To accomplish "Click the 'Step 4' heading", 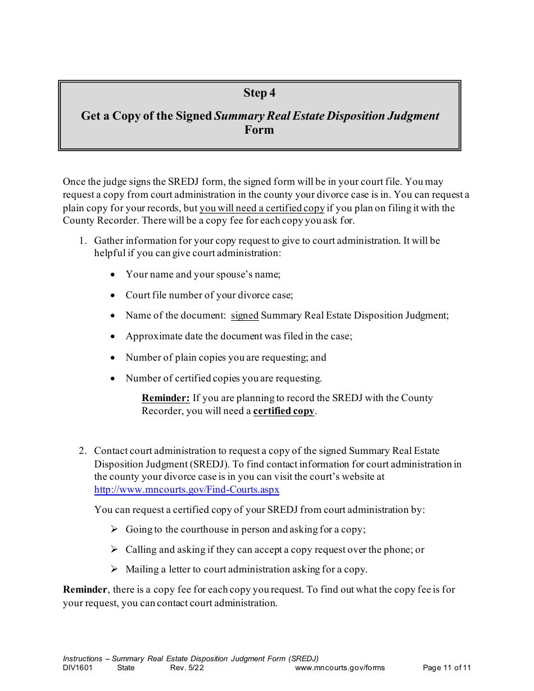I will [x=259, y=93].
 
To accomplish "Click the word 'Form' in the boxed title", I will [x=259, y=130].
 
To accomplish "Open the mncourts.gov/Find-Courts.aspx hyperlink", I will [x=187, y=489].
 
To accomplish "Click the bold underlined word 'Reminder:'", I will [x=165, y=398].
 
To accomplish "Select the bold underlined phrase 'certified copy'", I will [x=284, y=411].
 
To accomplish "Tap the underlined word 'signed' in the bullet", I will [x=245, y=316].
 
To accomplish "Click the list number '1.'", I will [x=83, y=240].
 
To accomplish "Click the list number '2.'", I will [x=83, y=451].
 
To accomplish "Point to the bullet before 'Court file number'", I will [x=114, y=296].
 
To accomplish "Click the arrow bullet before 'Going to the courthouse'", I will [x=114, y=529].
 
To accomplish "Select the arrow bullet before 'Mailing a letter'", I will [x=114, y=569].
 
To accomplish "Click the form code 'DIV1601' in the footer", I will [x=78, y=668].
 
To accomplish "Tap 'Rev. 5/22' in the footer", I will [x=187, y=668].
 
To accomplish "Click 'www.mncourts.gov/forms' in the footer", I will [x=340, y=668].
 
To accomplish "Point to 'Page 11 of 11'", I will [x=446, y=668].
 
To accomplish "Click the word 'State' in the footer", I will [x=126, y=668].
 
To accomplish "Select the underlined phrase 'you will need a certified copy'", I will [x=262, y=208].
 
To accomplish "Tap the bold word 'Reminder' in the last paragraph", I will [x=85, y=590].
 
